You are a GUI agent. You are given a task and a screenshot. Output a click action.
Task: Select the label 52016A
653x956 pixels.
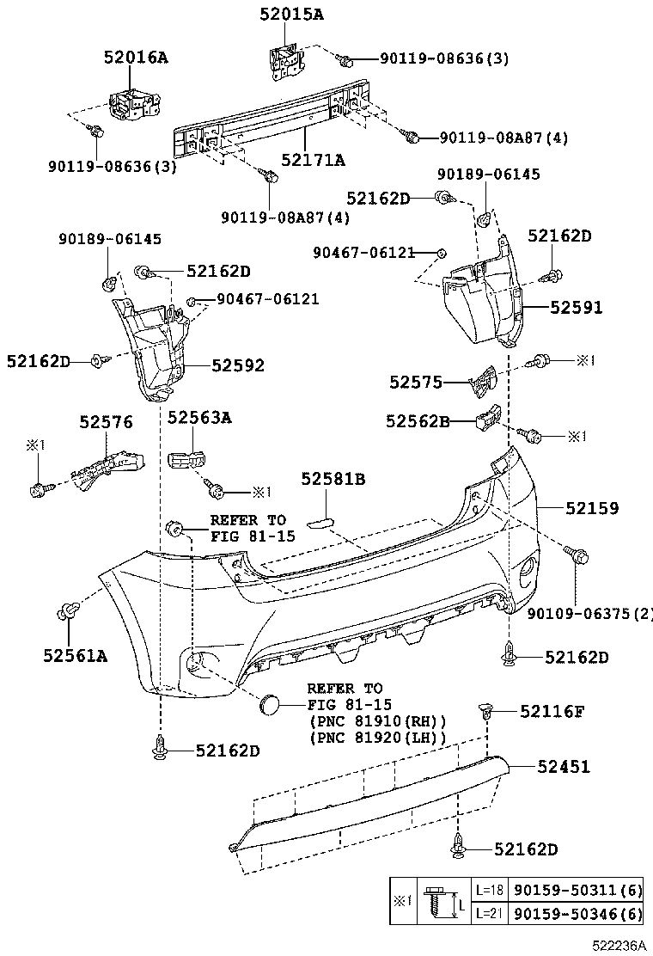tap(136, 58)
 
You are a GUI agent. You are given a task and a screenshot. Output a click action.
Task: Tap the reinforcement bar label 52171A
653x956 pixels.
tap(313, 160)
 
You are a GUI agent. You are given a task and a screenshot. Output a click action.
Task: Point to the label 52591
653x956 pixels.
tap(577, 307)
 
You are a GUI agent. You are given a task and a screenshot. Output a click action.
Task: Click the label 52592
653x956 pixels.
tap(238, 366)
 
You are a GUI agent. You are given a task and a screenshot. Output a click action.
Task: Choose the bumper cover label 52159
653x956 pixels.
tap(591, 508)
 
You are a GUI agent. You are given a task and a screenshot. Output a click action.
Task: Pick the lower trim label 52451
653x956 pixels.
tap(564, 766)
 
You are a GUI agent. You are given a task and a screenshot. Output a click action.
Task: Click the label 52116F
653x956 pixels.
tap(552, 711)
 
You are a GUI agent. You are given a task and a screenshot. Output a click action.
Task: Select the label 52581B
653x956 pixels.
tap(333, 479)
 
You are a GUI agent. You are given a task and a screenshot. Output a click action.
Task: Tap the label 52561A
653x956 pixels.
tap(75, 656)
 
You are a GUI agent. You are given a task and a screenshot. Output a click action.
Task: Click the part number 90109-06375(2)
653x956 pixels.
tap(589, 613)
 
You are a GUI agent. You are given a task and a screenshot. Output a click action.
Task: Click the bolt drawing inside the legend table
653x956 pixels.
tap(440, 900)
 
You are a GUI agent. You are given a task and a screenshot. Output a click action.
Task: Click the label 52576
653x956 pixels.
tap(106, 422)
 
